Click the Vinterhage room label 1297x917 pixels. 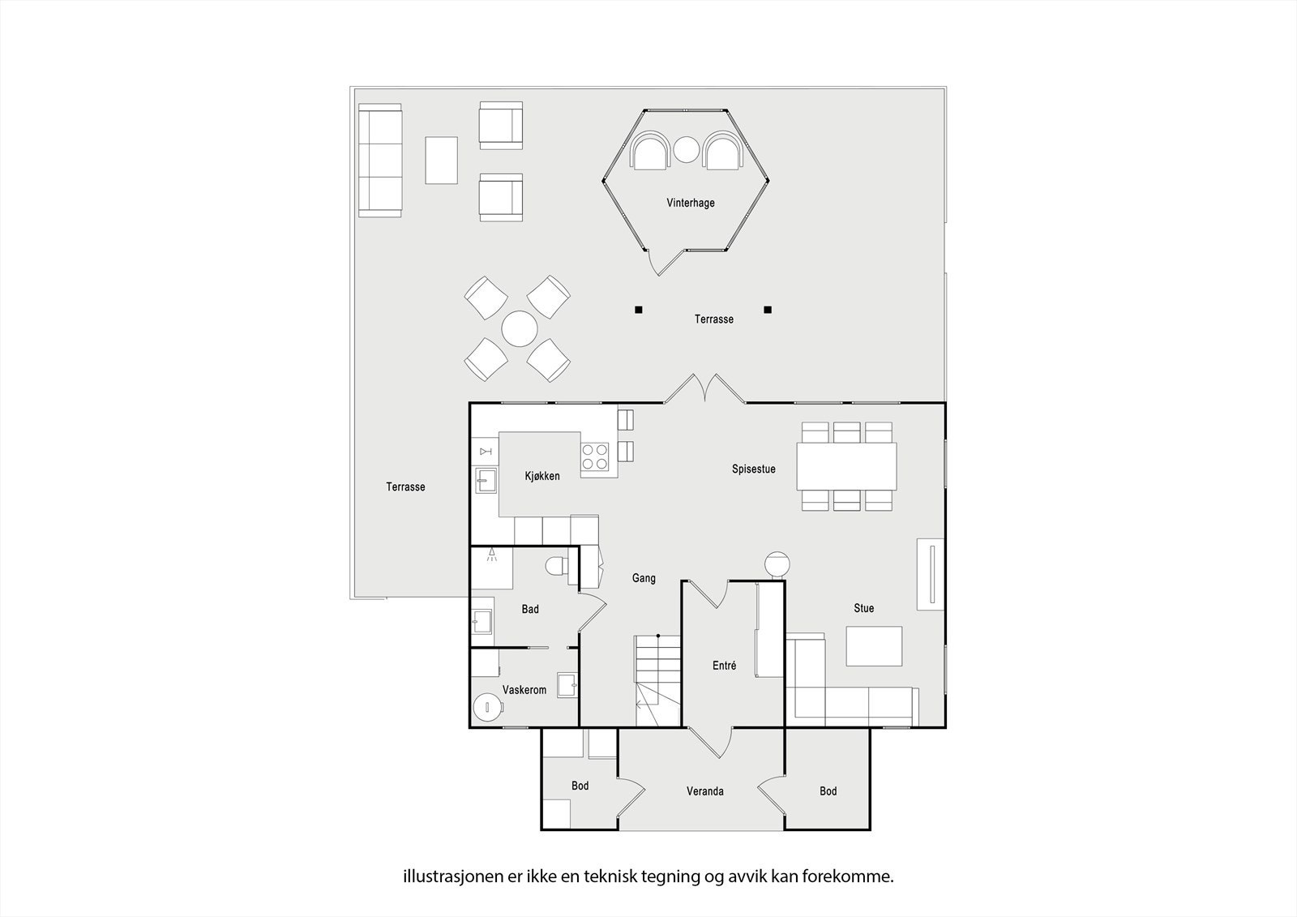click(x=691, y=203)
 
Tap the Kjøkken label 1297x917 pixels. click(x=542, y=477)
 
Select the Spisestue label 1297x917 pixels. click(x=753, y=469)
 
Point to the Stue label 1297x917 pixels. click(x=863, y=608)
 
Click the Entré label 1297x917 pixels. click(x=724, y=666)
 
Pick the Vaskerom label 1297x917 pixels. click(x=524, y=690)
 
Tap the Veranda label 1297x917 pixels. click(x=704, y=791)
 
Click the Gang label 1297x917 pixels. click(x=644, y=578)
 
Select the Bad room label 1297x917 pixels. click(x=530, y=609)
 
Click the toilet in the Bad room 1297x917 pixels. click(x=557, y=565)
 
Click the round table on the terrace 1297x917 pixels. click(x=519, y=329)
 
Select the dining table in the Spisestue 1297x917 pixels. click(x=846, y=466)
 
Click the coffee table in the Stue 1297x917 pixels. click(x=874, y=646)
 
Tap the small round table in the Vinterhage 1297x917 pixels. click(x=687, y=149)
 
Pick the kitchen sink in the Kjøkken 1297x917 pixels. click(x=486, y=482)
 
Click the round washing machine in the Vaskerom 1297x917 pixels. click(x=489, y=707)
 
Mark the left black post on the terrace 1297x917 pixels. click(x=639, y=309)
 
